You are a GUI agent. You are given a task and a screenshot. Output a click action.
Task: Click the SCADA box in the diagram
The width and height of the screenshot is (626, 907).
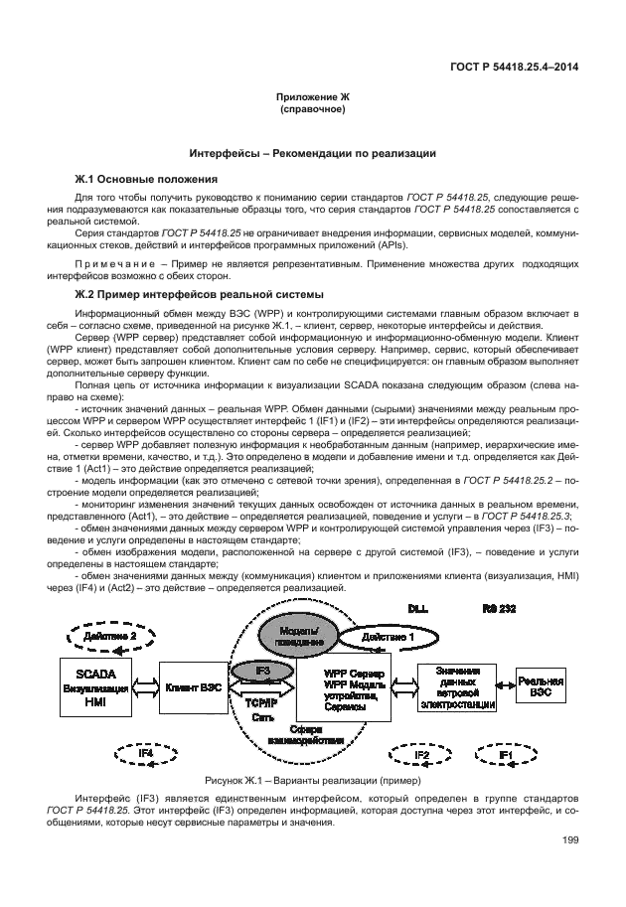(94, 686)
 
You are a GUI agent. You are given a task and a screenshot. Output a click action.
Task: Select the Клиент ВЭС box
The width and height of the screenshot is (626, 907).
(195, 686)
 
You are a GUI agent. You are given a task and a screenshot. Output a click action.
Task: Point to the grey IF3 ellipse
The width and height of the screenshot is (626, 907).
(262, 673)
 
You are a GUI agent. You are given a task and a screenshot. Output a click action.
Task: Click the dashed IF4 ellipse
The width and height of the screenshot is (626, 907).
(145, 756)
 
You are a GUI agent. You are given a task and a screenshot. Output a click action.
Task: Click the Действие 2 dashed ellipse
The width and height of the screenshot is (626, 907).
(110, 636)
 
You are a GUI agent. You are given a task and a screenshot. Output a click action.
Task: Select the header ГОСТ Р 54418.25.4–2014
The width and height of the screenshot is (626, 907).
(515, 68)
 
